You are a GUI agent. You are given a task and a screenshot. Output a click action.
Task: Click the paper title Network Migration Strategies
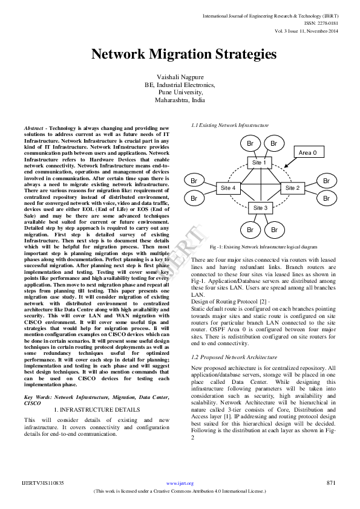point(184,54)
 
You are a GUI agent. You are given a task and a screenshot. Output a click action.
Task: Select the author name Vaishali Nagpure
point(180,77)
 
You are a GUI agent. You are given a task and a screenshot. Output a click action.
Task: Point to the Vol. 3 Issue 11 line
point(306,30)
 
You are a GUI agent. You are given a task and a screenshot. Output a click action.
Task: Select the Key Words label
point(38,397)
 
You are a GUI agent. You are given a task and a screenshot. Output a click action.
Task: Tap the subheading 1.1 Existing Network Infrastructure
point(230,125)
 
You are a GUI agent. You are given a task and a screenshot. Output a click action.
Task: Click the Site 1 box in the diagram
point(259,163)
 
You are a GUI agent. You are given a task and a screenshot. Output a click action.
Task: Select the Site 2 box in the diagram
point(292,188)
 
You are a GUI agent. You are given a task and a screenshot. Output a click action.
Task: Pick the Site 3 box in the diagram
point(259,208)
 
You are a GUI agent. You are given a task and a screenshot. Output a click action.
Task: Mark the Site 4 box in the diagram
point(227,188)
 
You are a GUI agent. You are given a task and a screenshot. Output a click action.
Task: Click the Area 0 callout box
point(307,153)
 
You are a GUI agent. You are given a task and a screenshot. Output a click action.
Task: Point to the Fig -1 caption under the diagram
point(263,248)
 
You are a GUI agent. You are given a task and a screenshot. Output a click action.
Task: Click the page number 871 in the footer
point(330,483)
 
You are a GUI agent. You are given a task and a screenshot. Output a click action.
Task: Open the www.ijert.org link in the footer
point(180,484)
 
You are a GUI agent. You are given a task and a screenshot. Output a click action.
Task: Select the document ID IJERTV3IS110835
point(43,483)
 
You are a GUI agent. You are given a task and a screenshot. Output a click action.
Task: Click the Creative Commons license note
point(180,491)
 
